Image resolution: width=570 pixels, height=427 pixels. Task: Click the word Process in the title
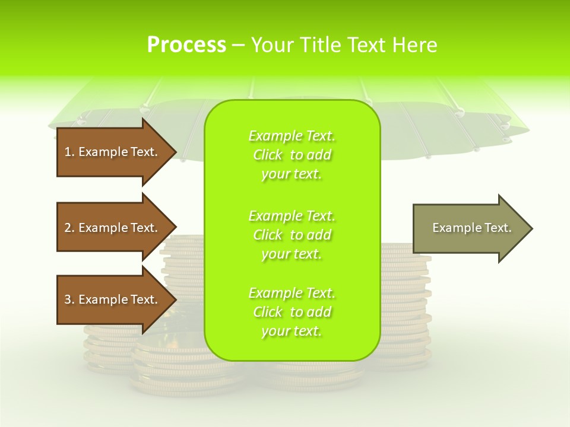(x=186, y=45)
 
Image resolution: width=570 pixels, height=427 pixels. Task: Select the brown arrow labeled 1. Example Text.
(x=112, y=152)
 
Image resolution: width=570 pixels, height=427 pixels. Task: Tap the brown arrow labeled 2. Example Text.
(x=112, y=228)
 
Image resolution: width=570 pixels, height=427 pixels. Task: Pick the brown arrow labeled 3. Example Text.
(x=112, y=299)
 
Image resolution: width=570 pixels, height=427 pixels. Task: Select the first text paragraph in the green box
(x=292, y=155)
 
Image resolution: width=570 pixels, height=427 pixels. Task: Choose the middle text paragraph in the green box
(x=292, y=235)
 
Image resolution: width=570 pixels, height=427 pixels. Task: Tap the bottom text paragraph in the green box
(x=292, y=312)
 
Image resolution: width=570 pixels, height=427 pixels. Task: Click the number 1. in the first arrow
(x=69, y=152)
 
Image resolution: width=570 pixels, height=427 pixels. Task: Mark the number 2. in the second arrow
(x=69, y=228)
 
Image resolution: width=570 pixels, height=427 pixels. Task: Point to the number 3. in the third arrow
(x=69, y=299)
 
